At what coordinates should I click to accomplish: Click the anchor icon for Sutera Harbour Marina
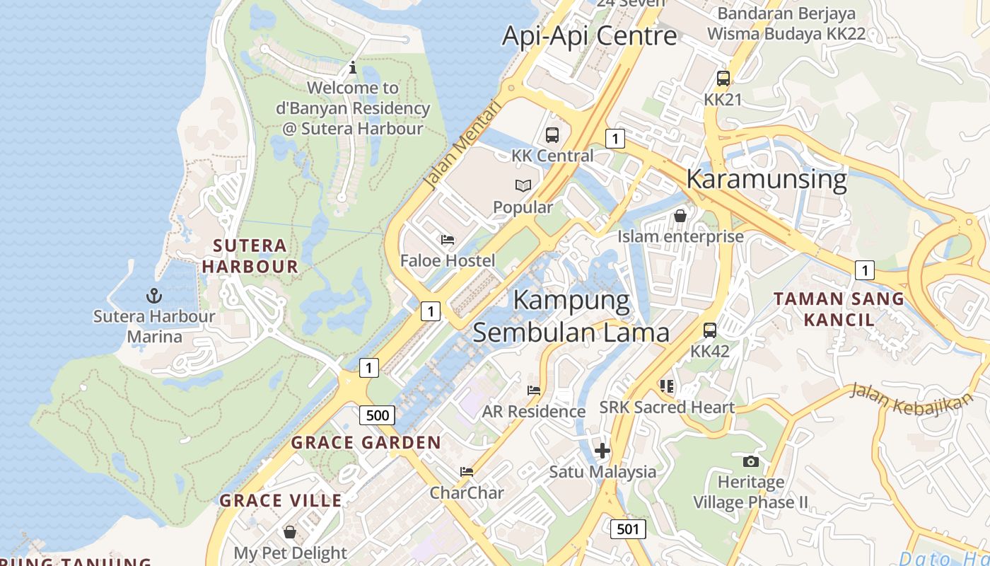coord(153,295)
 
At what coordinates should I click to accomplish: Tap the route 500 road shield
coord(377,415)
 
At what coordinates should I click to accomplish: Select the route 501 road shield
coord(627,529)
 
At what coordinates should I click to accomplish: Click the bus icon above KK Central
coord(552,134)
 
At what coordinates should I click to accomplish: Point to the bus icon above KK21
coord(723,79)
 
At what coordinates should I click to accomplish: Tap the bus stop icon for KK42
coord(710,330)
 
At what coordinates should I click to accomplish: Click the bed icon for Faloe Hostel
coord(448,240)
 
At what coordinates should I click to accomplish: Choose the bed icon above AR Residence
coord(534,390)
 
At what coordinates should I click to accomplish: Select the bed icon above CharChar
coord(466,471)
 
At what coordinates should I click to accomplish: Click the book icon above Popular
coord(523,185)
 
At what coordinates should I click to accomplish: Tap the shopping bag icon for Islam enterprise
coord(680,216)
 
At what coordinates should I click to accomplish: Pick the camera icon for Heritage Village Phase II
coord(750,461)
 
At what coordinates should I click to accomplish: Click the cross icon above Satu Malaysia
coord(602,451)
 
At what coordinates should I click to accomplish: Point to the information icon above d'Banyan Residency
coord(353,68)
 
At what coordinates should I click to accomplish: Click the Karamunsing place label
coord(767,178)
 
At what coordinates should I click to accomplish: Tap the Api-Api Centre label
coord(589,35)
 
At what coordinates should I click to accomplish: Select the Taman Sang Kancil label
coord(839,308)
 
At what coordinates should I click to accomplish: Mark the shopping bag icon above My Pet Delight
coord(290,531)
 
